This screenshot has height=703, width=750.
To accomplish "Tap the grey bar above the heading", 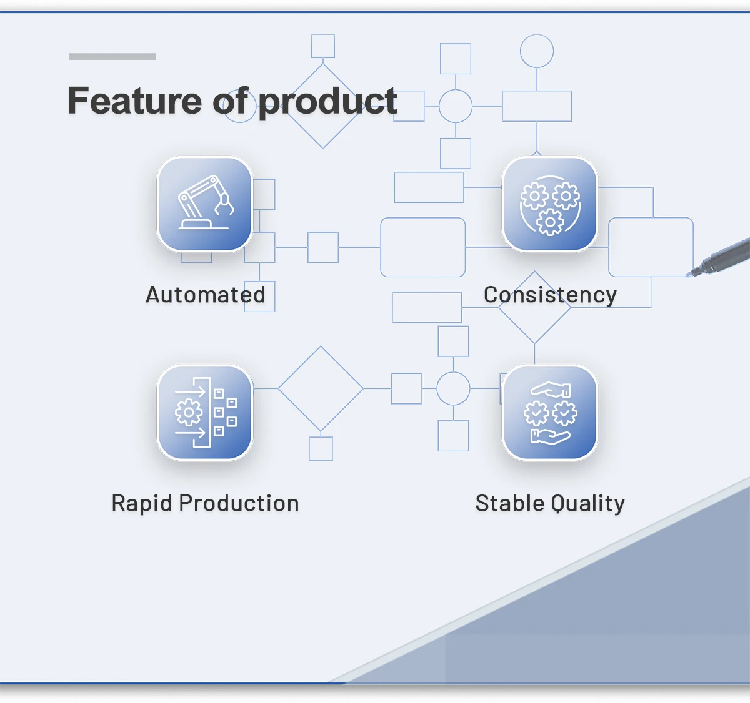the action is [112, 56].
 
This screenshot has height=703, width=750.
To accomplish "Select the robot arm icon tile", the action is [205, 204].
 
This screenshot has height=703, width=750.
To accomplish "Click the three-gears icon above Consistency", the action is [550, 204].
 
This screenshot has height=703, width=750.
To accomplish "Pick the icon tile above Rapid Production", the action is [205, 413].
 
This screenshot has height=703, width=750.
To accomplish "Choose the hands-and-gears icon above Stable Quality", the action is [550, 413].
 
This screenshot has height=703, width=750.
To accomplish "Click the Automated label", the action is [206, 295].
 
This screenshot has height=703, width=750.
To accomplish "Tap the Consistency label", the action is [550, 295].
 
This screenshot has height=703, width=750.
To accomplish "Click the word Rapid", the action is [142, 503].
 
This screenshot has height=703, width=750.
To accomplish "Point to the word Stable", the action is [509, 503].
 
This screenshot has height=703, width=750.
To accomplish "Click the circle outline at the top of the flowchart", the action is [537, 51].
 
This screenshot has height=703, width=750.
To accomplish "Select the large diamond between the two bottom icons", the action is [321, 388].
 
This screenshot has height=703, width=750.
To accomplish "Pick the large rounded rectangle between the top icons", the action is [423, 247].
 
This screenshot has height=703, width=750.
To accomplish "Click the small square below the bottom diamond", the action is [321, 448].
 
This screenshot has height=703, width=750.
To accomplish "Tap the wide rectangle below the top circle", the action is [537, 106].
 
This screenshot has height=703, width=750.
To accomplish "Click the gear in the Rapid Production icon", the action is [189, 412].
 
